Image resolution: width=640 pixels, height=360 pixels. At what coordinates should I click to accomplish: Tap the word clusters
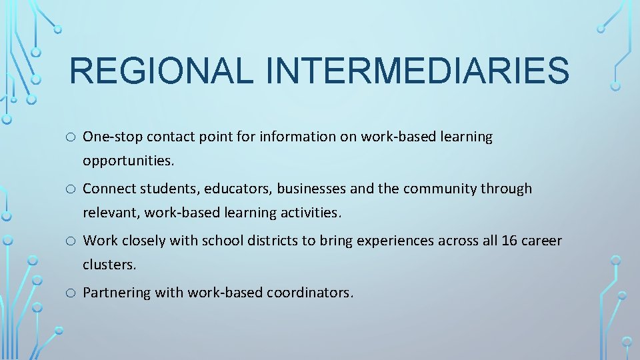point(109,265)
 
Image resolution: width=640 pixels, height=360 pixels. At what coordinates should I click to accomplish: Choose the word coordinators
point(310,293)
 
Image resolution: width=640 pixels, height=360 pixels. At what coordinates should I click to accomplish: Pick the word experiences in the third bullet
point(394,241)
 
